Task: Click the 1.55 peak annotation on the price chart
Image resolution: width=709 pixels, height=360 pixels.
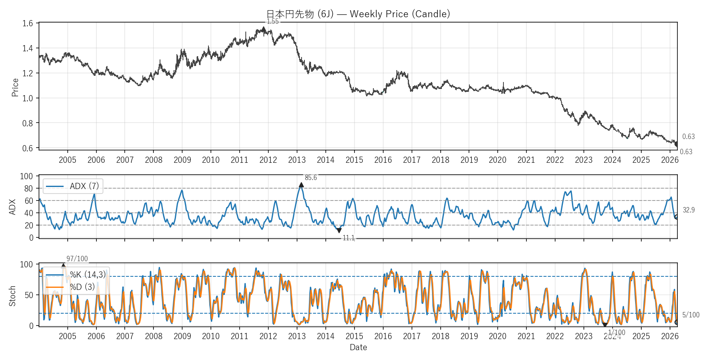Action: (x=272, y=22)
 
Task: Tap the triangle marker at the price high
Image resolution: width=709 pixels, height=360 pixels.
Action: (x=264, y=29)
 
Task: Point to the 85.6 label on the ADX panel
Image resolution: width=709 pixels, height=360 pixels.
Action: (x=311, y=178)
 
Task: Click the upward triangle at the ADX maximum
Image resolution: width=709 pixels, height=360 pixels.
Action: (x=302, y=185)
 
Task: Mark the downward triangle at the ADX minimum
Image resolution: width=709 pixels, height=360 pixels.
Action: (x=339, y=230)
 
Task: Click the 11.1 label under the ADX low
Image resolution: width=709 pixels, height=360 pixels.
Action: (x=348, y=238)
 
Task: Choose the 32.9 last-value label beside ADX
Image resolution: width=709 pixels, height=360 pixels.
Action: (x=688, y=210)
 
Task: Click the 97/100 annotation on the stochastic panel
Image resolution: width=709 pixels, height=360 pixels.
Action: (x=77, y=259)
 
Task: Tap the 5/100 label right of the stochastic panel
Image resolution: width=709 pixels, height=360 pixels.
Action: (x=691, y=315)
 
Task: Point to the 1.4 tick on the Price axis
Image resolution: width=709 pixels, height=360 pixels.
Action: (x=27, y=48)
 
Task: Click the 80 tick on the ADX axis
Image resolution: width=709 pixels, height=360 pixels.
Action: (x=28, y=189)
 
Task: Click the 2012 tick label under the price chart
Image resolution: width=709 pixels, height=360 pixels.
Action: (x=268, y=160)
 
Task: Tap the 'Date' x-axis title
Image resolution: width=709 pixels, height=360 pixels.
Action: (x=358, y=347)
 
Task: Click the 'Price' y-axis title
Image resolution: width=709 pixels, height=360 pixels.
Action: (x=15, y=87)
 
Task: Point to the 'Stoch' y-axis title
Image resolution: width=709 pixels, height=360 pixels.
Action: (x=12, y=296)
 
